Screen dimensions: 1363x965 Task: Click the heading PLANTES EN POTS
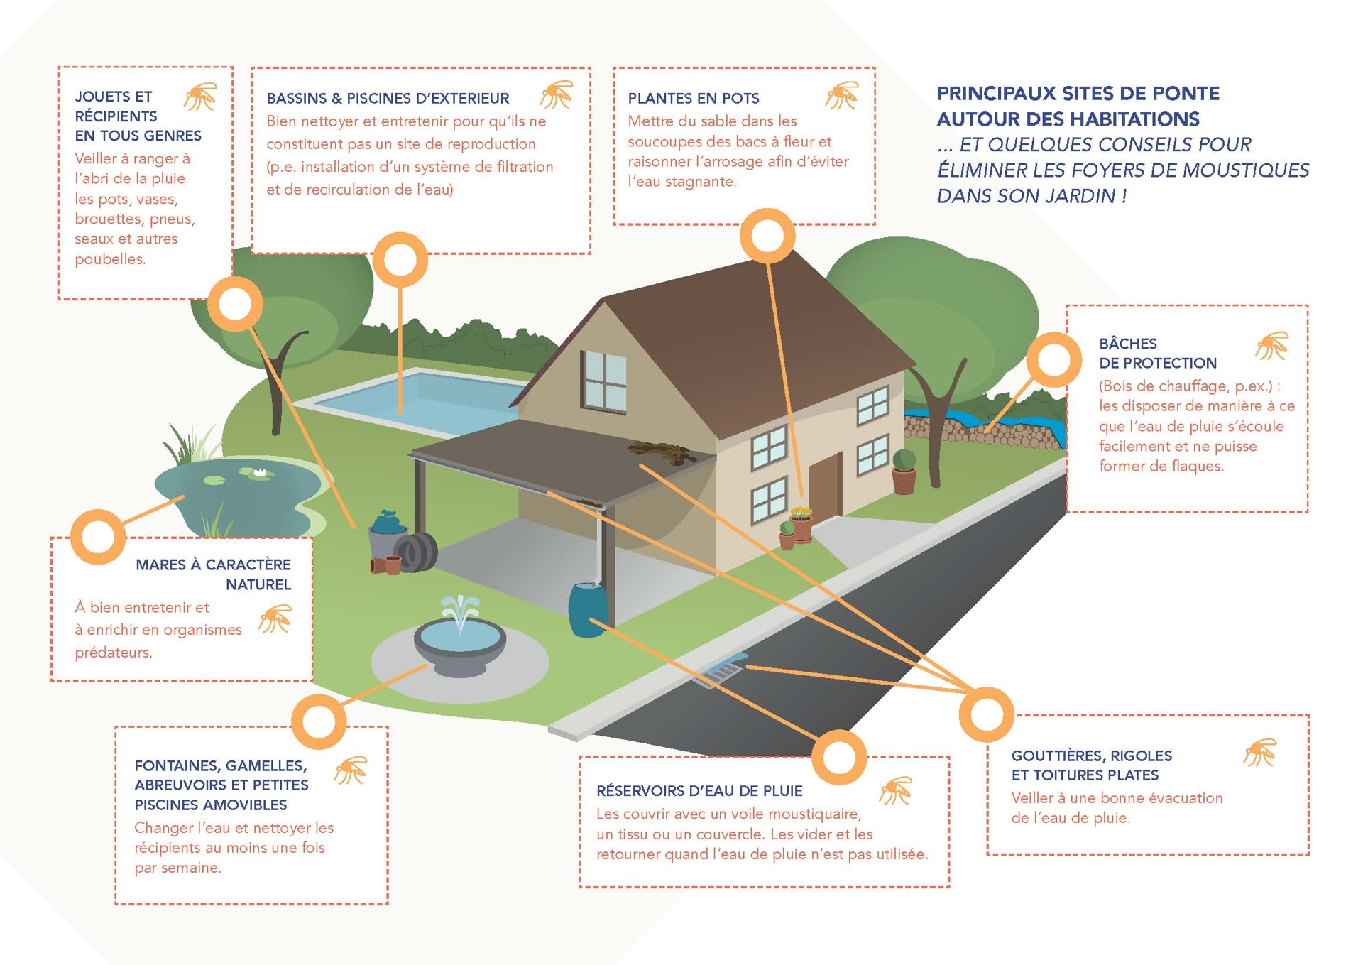pyautogui.click(x=693, y=98)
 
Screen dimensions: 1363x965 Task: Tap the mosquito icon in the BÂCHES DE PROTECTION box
pyautogui.click(x=1271, y=346)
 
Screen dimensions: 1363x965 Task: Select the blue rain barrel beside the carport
pyautogui.click(x=588, y=609)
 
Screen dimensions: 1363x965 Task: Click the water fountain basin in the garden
pyautogui.click(x=460, y=643)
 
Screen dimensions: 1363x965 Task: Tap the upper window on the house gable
pyautogui.click(x=604, y=380)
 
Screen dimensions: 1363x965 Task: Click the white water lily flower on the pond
pyautogui.click(x=259, y=471)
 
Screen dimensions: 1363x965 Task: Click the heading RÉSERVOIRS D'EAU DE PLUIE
pyautogui.click(x=699, y=791)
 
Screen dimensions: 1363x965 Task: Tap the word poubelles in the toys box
pyautogui.click(x=110, y=259)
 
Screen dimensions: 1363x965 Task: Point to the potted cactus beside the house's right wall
pyautogui.click(x=904, y=471)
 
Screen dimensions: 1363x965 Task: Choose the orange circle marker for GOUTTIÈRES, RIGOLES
pyautogui.click(x=986, y=714)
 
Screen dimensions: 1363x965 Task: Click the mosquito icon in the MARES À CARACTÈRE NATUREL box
pyautogui.click(x=275, y=618)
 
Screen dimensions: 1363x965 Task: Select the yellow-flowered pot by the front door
pyautogui.click(x=801, y=524)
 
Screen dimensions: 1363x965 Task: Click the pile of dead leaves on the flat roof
pyautogui.click(x=662, y=452)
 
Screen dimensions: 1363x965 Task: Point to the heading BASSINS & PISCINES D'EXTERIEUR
pyautogui.click(x=388, y=98)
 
